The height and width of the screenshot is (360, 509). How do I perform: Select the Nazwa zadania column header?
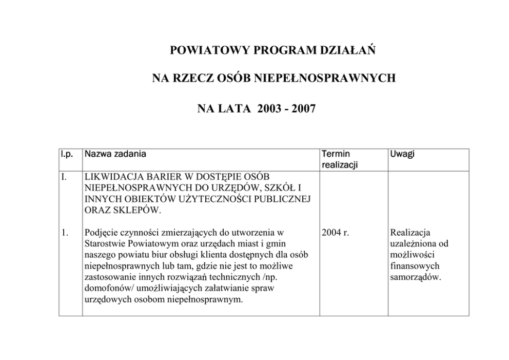[x=115, y=154]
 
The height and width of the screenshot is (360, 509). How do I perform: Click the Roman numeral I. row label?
[x=65, y=177]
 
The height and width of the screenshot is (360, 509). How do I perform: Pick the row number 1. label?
[x=65, y=233]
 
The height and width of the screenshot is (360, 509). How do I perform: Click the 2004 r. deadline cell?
[x=336, y=233]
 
